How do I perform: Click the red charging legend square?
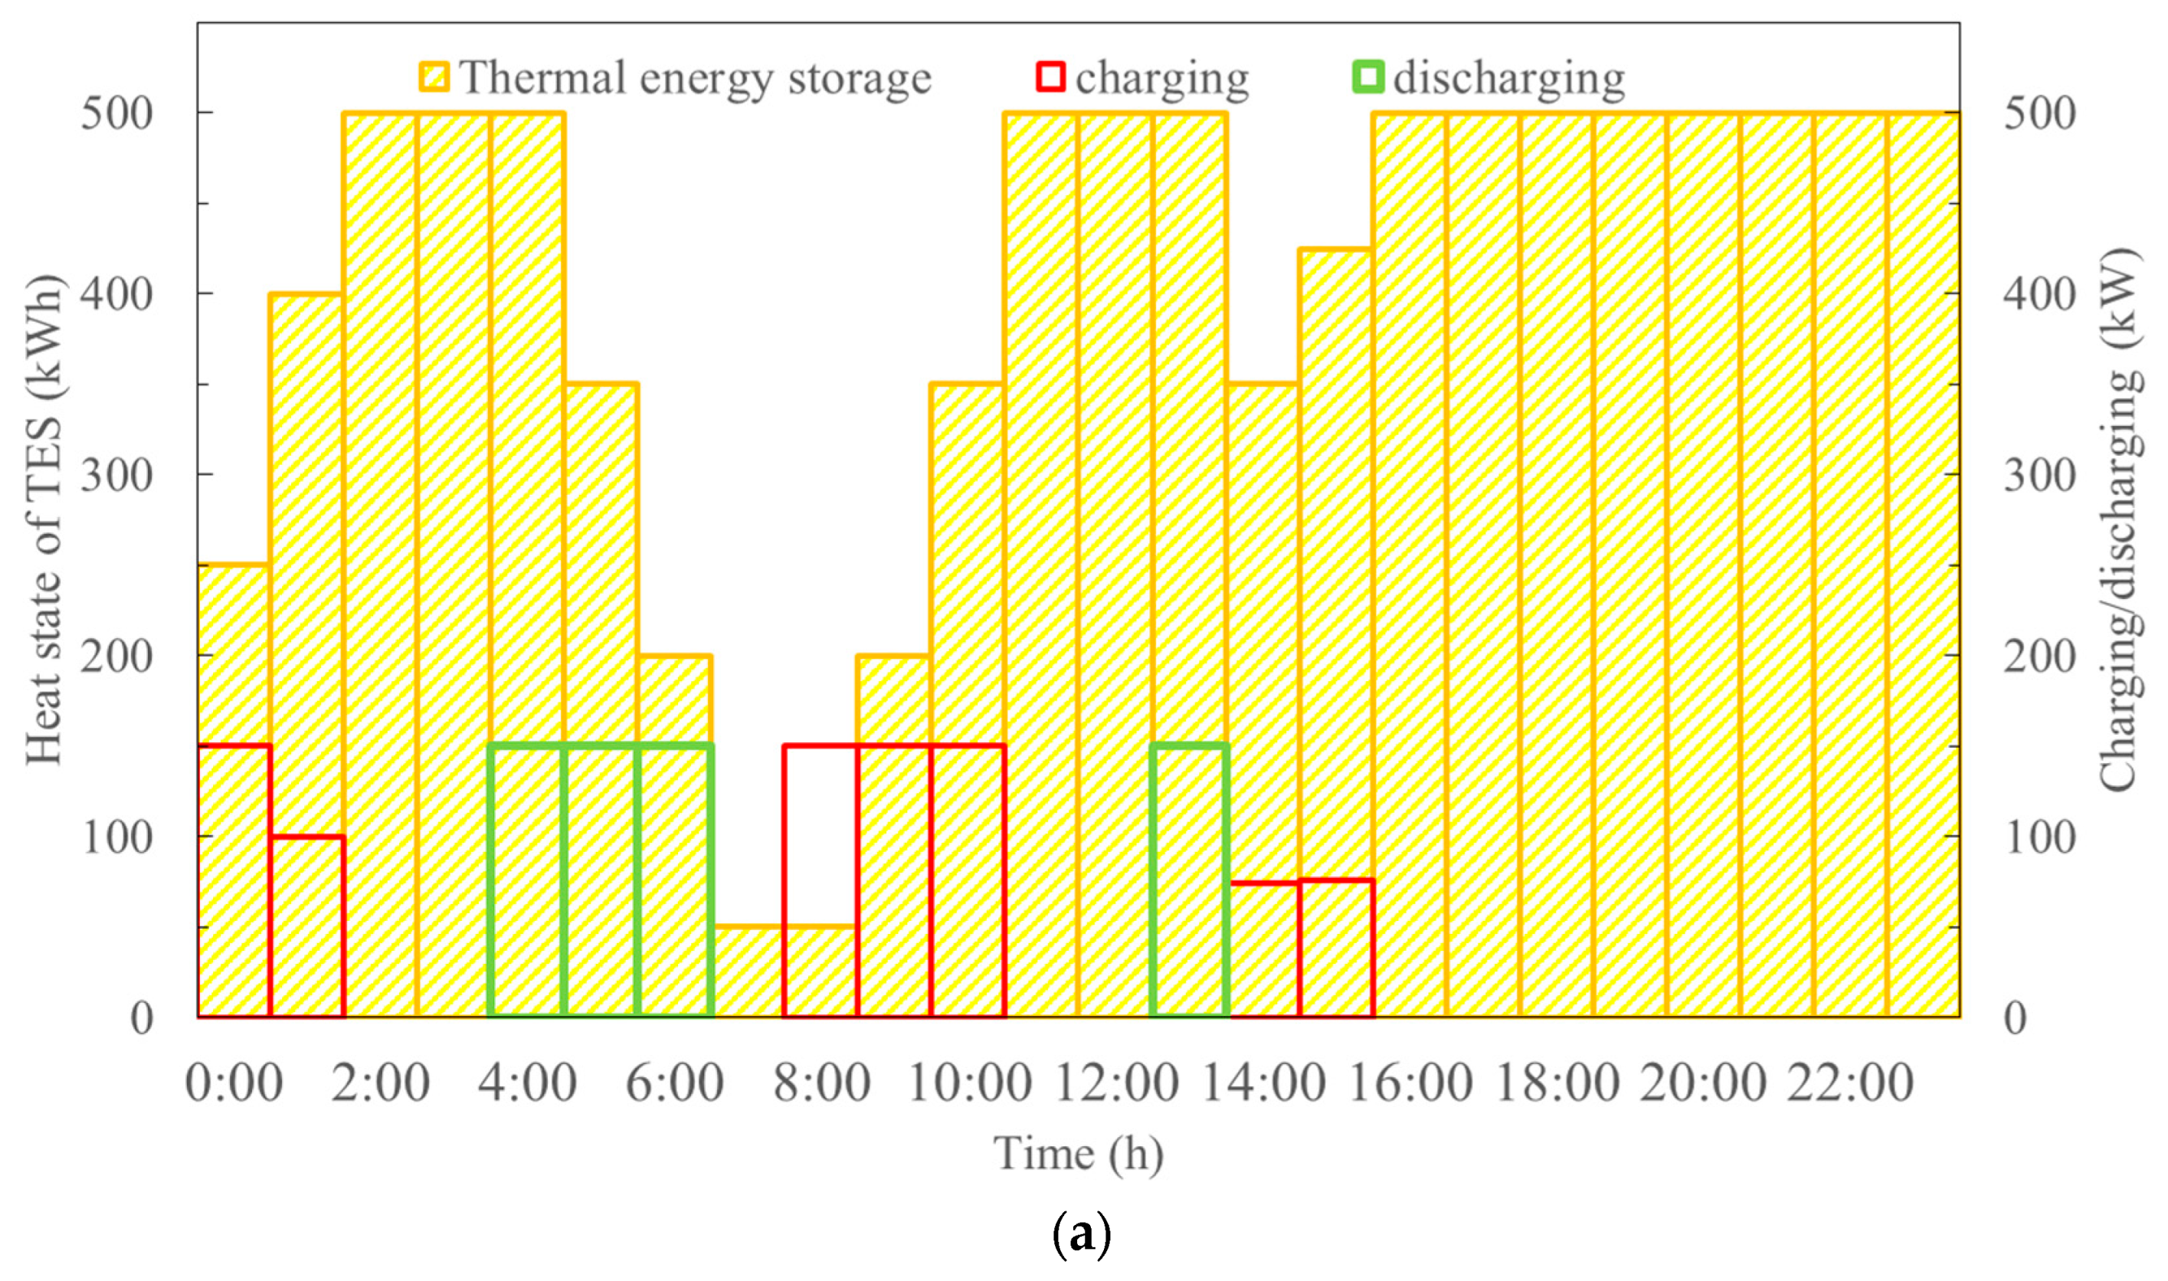pos(1051,77)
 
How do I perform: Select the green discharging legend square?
pos(1368,77)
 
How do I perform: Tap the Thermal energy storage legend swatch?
pos(434,77)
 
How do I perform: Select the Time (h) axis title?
pos(1078,1154)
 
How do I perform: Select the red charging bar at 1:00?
pos(308,928)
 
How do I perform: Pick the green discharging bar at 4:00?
pos(527,880)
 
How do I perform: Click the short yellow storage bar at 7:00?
pos(748,973)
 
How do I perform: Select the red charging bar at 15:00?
pos(1337,949)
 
